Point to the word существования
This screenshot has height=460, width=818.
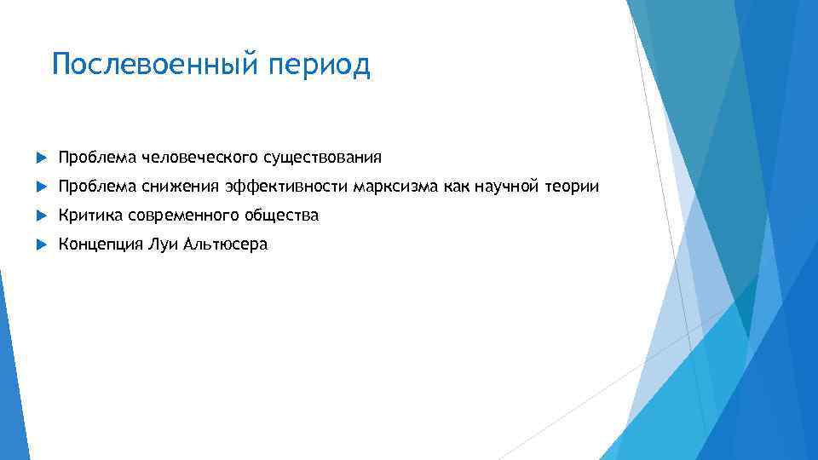point(322,158)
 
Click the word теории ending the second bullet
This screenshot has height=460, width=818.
point(573,187)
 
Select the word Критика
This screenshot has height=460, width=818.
point(90,216)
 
